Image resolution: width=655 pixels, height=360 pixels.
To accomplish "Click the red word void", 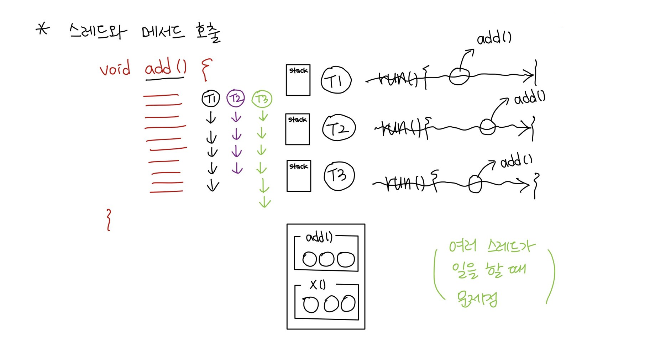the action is (x=115, y=69).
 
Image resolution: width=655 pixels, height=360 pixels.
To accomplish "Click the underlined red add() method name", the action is (x=166, y=68).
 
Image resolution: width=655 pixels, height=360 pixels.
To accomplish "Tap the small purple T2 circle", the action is (x=236, y=99).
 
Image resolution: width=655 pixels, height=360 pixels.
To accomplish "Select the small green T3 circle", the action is (x=262, y=99).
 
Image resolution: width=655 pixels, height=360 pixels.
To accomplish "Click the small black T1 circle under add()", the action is (x=211, y=99).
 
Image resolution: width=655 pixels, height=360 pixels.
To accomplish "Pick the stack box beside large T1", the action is (x=298, y=80).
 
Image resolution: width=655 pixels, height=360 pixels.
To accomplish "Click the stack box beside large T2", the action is (x=298, y=129).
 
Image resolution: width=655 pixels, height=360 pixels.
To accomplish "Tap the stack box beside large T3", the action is (x=299, y=176).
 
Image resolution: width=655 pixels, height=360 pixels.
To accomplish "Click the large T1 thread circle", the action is (x=336, y=80).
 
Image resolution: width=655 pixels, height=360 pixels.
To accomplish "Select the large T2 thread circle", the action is (x=339, y=128).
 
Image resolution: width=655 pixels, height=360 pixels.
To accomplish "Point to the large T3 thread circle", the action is (x=339, y=176).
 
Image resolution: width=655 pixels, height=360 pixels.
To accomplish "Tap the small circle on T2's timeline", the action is (x=487, y=127).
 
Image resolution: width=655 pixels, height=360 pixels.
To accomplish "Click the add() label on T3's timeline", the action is (x=516, y=162).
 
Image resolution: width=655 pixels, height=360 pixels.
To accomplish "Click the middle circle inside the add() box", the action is (x=326, y=259).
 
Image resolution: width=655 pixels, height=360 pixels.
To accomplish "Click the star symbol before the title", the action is (x=43, y=29).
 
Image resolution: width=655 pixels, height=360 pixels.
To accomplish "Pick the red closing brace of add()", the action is (x=109, y=220).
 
